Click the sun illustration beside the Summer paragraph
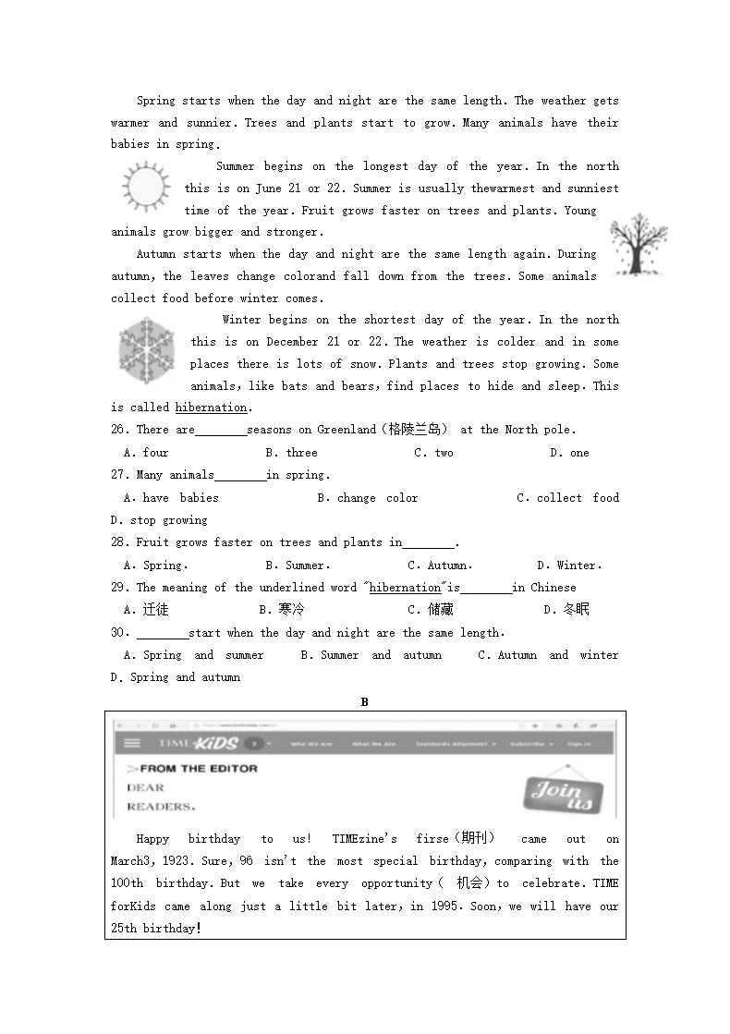click(147, 188)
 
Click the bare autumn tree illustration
click(638, 244)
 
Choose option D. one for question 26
click(569, 453)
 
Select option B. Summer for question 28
click(298, 566)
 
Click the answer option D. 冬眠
click(566, 610)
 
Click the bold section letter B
click(365, 702)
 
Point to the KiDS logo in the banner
click(214, 744)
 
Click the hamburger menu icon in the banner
click(133, 743)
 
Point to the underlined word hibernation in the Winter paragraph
click(212, 408)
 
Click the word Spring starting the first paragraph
click(155, 101)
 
